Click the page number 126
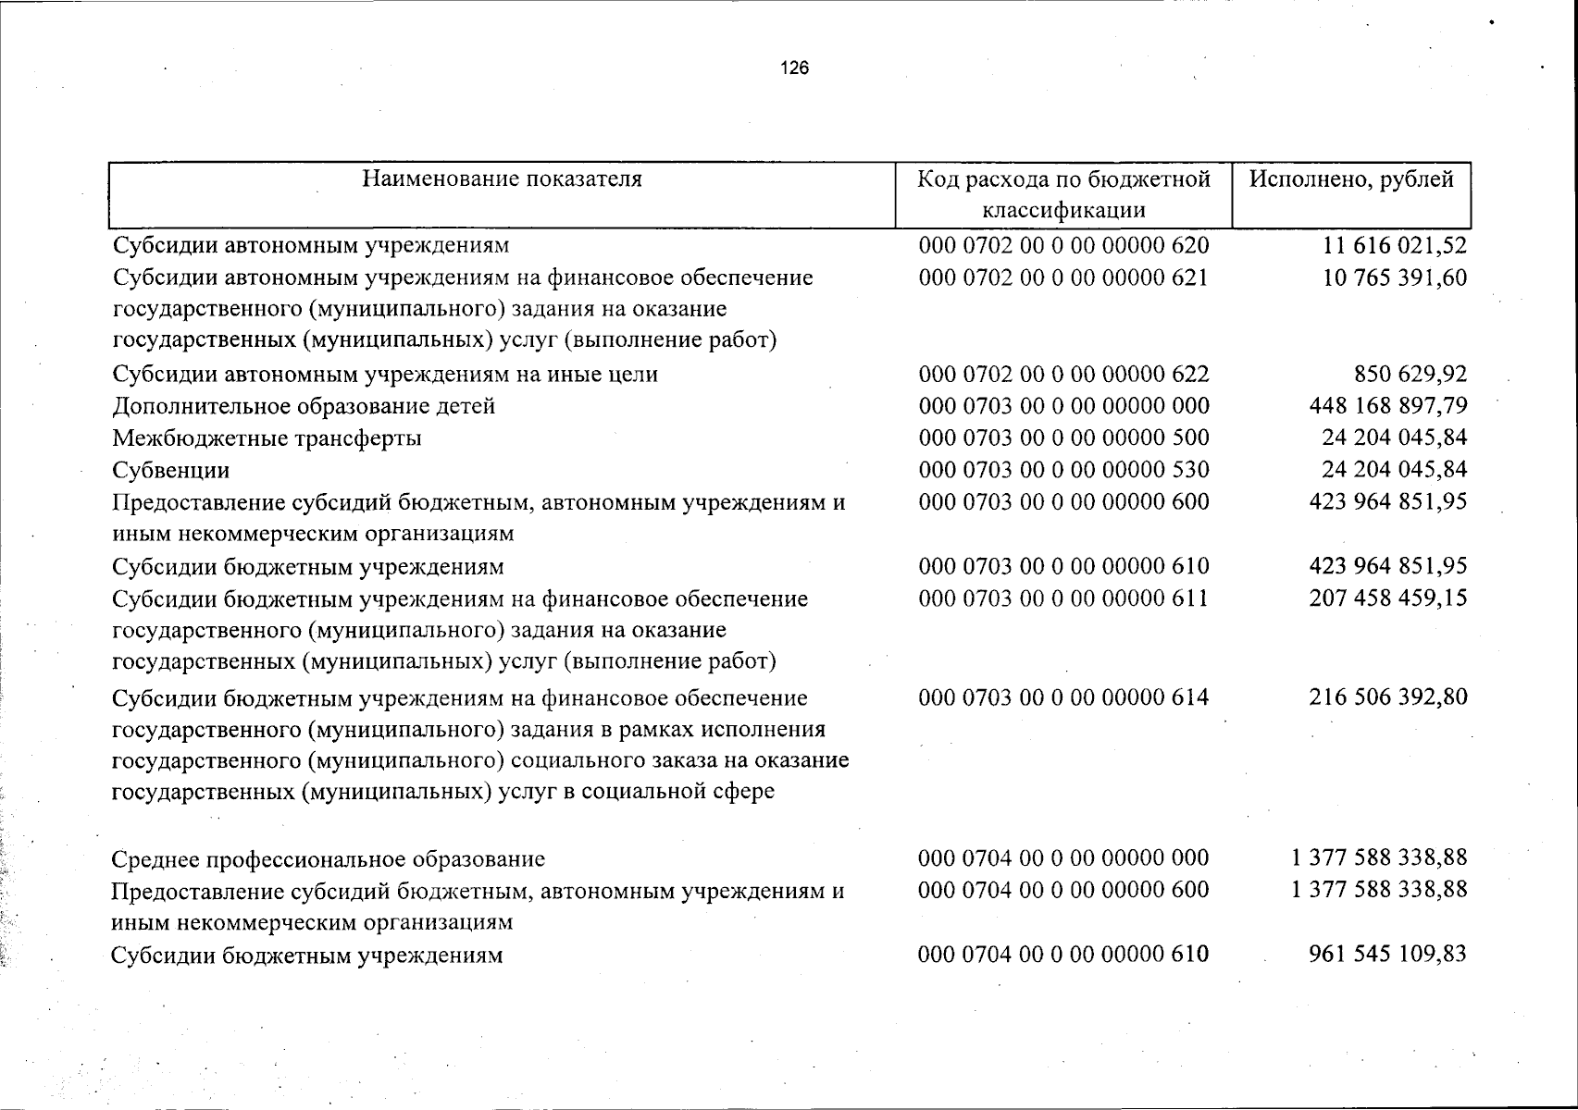pyautogui.click(x=794, y=68)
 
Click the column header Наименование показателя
pyautogui.click(x=502, y=179)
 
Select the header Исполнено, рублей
pyautogui.click(x=1351, y=179)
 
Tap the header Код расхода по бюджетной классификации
pyautogui.click(x=1063, y=194)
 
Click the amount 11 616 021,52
pyautogui.click(x=1395, y=246)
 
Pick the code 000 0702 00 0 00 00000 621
pyautogui.click(x=1063, y=277)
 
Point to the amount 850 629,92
pyautogui.click(x=1410, y=375)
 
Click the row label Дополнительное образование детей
pyautogui.click(x=304, y=406)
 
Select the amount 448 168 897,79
pyautogui.click(x=1388, y=406)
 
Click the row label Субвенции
pyautogui.click(x=171, y=470)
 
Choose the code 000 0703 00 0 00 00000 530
pyautogui.click(x=1063, y=470)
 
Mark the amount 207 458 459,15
pyautogui.click(x=1388, y=598)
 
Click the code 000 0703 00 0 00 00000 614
pyautogui.click(x=1063, y=697)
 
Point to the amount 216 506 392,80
pyautogui.click(x=1388, y=697)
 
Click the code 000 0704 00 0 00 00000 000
pyautogui.click(x=1063, y=858)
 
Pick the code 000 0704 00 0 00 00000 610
pyautogui.click(x=1063, y=955)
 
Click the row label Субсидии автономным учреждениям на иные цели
pyautogui.click(x=385, y=375)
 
